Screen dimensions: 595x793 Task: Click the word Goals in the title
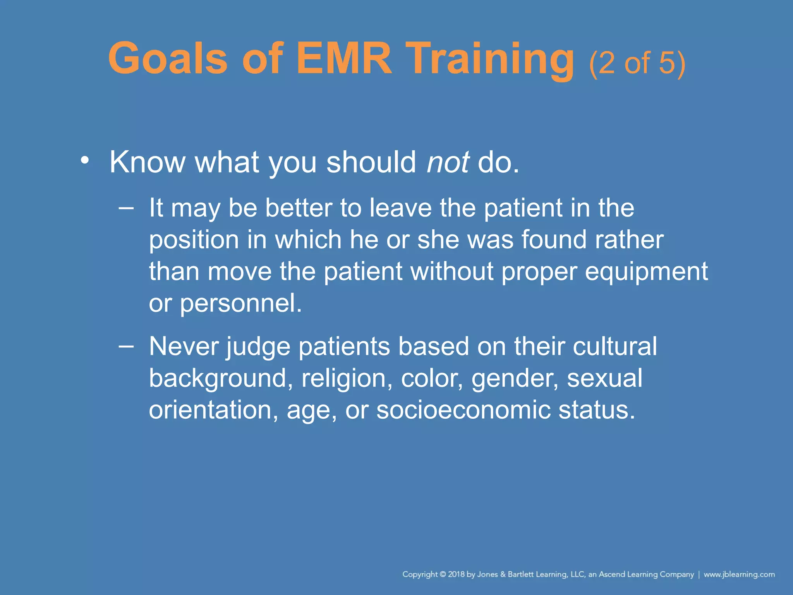168,59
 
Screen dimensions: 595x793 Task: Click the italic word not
448,162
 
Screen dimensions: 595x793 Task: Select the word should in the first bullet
371,162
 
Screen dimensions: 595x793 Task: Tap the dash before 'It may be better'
126,208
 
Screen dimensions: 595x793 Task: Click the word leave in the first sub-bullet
400,208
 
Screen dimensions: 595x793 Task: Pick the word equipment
646,272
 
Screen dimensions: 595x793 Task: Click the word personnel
241,303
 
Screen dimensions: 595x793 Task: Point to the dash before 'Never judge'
126,346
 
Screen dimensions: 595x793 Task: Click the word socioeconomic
463,410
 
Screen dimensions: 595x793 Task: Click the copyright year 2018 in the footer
456,574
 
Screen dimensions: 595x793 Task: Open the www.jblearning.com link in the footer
739,574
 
